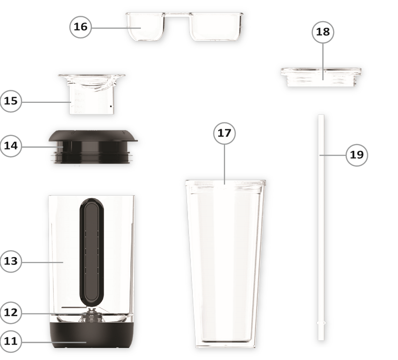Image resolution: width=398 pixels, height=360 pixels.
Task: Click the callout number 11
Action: tap(11, 341)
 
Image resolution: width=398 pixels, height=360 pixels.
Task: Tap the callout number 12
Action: tap(11, 312)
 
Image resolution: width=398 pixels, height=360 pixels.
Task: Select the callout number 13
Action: tap(11, 261)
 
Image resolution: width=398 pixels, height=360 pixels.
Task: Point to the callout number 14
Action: tap(11, 146)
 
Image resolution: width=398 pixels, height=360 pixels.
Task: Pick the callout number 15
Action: tap(11, 101)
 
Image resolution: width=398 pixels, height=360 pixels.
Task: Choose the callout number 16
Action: tap(81, 27)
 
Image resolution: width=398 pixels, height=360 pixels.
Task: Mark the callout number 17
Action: tap(224, 133)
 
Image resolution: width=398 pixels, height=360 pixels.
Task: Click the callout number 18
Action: tap(323, 32)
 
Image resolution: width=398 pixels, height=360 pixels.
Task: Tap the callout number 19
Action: tap(357, 155)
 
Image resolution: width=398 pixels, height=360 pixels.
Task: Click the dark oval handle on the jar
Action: tap(91, 250)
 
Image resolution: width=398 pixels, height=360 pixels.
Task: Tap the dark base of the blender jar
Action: tap(91, 339)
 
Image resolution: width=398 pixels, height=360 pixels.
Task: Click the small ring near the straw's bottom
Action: tap(321, 323)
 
